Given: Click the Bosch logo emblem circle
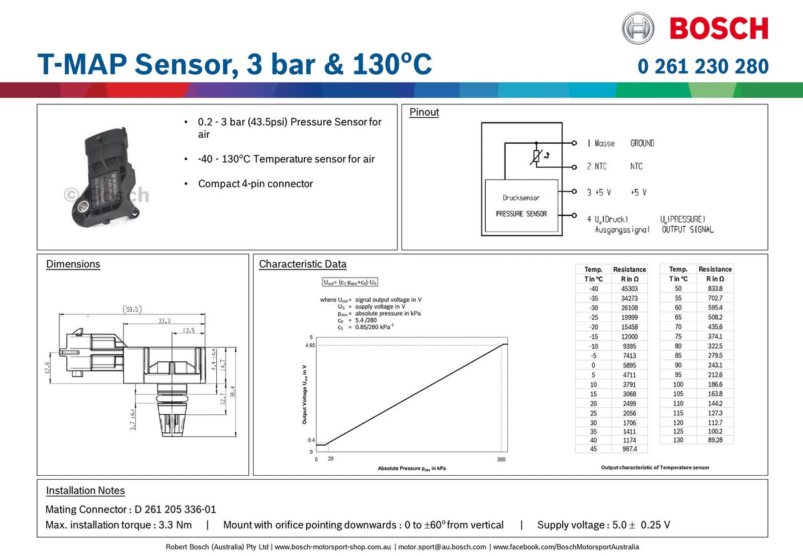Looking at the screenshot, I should [x=638, y=29].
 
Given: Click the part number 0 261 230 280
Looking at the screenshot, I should [x=703, y=66].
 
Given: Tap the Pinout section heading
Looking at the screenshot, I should [x=424, y=112].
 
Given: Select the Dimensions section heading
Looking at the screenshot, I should [x=73, y=264].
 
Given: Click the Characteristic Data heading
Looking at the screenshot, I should [x=302, y=264].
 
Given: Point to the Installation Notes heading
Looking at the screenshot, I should [x=85, y=490].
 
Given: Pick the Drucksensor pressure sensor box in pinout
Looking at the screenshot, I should [x=521, y=206].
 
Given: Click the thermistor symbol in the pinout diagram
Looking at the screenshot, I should [x=536, y=155].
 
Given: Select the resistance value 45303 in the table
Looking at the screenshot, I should [x=629, y=288].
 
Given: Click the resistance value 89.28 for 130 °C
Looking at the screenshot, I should [x=715, y=440].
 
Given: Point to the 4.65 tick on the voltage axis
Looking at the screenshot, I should [x=308, y=346].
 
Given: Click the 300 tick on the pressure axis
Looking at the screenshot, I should [x=501, y=459].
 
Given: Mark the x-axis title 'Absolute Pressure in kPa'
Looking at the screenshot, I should [x=412, y=469].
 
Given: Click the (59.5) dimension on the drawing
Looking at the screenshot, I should [x=132, y=310].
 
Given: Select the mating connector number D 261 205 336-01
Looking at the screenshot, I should [x=175, y=509].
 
